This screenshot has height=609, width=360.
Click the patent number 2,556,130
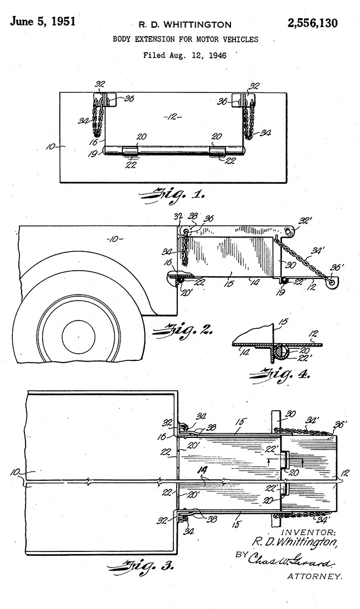312,23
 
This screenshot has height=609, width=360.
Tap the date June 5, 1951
43,21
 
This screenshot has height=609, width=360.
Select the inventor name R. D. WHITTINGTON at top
185,25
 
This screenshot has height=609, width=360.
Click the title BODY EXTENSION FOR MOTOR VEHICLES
185,39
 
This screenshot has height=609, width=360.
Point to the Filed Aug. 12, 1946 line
185,55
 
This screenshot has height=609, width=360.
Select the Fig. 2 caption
183,331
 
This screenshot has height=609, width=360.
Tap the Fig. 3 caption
140,568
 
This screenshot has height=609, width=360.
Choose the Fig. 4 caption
280,375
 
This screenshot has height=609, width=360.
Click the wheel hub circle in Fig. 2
79,337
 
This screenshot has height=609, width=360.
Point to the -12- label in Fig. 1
173,117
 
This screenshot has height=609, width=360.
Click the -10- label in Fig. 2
114,239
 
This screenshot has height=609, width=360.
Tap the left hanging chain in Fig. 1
98,116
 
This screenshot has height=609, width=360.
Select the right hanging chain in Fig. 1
249,118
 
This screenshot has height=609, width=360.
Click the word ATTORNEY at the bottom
315,577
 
